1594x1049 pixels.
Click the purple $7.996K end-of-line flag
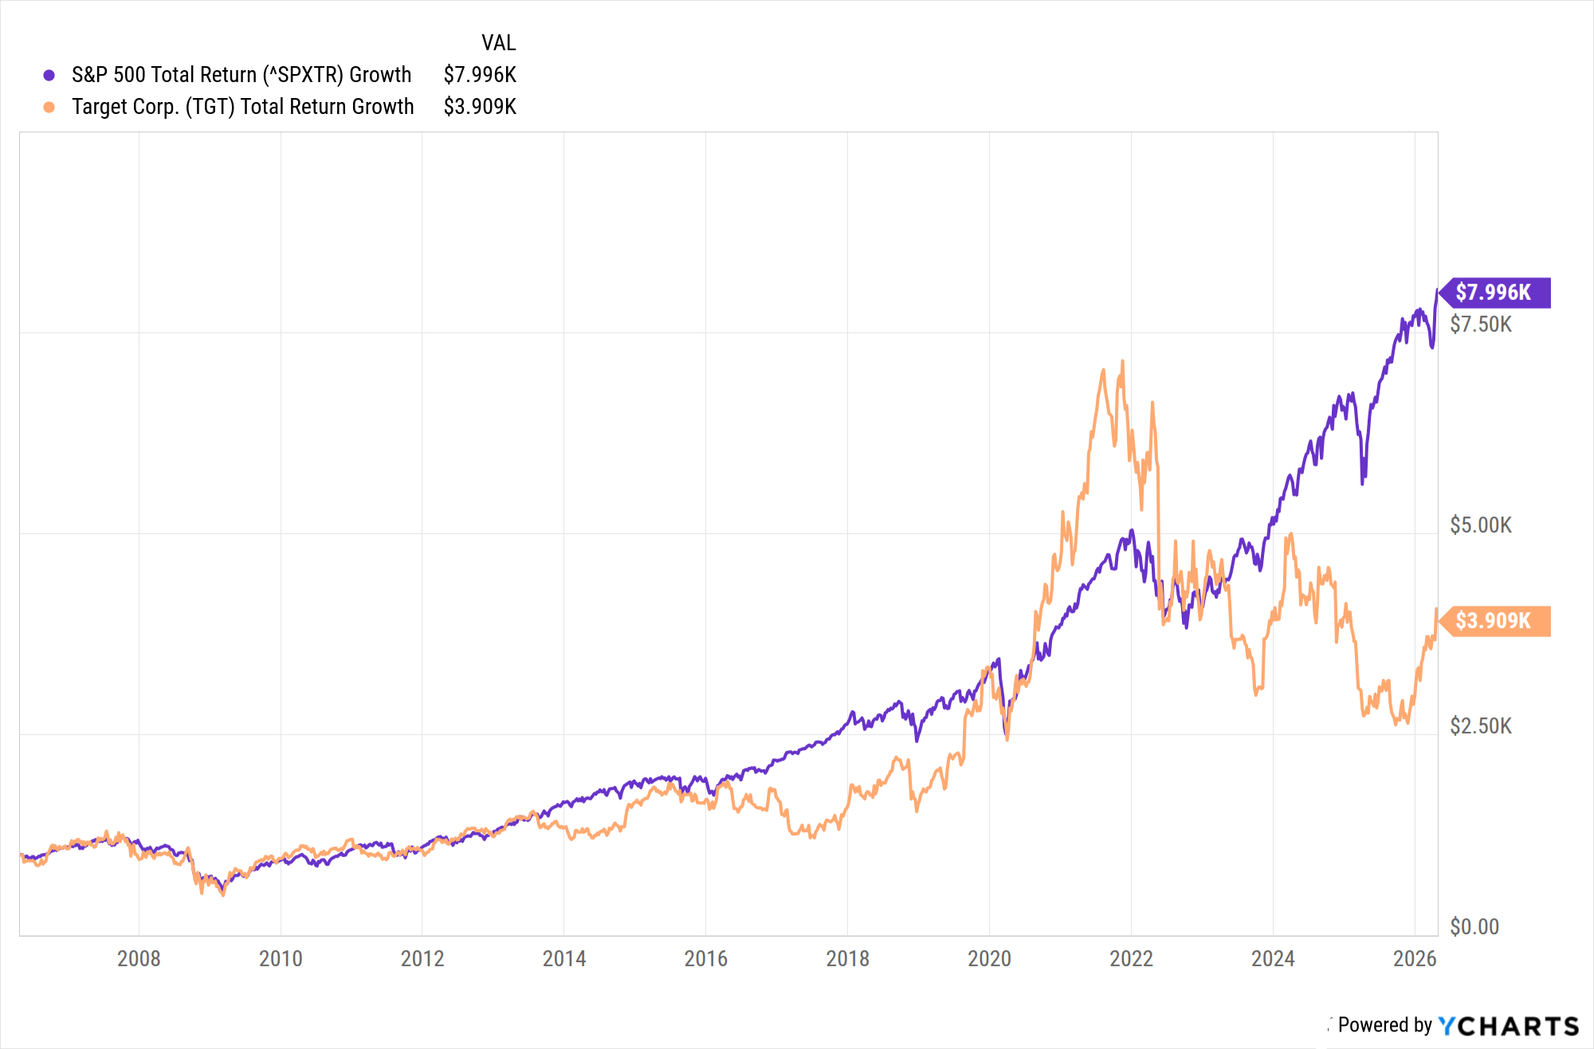(1494, 293)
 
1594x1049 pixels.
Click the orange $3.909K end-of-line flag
(1494, 621)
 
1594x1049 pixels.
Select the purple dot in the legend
(49, 75)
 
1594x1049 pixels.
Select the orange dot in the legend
(49, 107)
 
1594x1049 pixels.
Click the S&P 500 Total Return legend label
(241, 75)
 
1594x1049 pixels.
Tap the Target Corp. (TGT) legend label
(243, 107)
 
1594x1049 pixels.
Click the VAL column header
(498, 43)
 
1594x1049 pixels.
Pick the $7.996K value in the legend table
(480, 75)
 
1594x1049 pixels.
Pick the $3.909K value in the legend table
(480, 107)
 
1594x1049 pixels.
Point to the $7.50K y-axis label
(1480, 324)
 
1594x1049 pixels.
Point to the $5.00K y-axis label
(1480, 525)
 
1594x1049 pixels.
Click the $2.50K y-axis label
(1480, 726)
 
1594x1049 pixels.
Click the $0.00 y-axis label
(1474, 927)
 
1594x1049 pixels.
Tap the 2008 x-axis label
(139, 958)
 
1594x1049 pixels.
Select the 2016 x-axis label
(705, 958)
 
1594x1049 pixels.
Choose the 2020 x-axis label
(989, 958)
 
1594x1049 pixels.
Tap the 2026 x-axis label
(1414, 958)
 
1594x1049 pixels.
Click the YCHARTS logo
(1509, 1026)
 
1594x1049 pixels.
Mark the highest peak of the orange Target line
(1122, 361)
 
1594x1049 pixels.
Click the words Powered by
(1384, 1025)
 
